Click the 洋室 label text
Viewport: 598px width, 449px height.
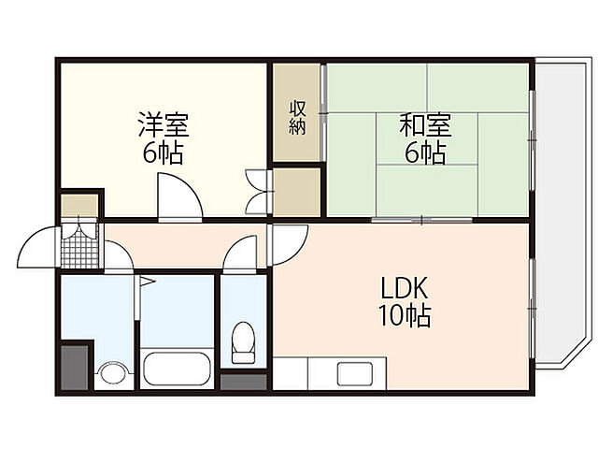[x=164, y=123]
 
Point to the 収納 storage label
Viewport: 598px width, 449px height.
[x=297, y=117]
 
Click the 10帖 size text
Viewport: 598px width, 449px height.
[x=406, y=316]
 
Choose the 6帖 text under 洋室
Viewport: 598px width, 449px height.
[x=164, y=153]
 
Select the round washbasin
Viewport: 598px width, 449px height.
[x=110, y=374]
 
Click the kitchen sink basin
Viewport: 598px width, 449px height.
[x=355, y=372]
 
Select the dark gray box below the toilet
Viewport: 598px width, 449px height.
[x=243, y=381]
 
